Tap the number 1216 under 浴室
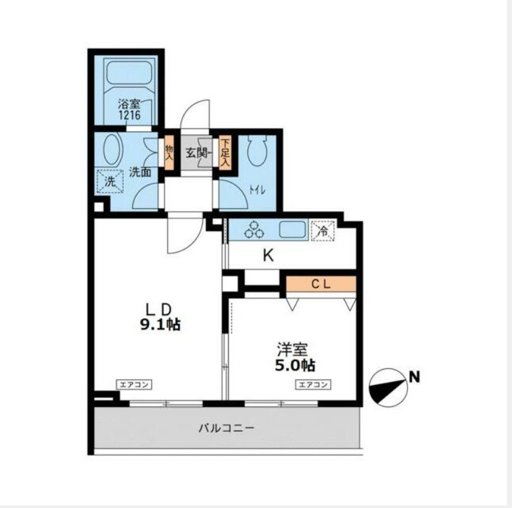point(130,115)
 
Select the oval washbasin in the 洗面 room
point(112,150)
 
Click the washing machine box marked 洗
point(110,181)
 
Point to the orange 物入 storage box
point(169,152)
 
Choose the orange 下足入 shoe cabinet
point(225,153)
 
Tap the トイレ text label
point(257,190)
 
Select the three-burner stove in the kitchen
point(254,230)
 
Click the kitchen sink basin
point(293,229)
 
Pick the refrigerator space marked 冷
point(323,231)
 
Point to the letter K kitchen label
point(269,256)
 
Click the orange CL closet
point(321,283)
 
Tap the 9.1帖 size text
point(160,324)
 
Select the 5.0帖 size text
point(295,365)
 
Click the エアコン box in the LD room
point(134,384)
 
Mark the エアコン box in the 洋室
point(313,384)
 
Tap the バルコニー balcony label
point(226,428)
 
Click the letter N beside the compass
point(414,378)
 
